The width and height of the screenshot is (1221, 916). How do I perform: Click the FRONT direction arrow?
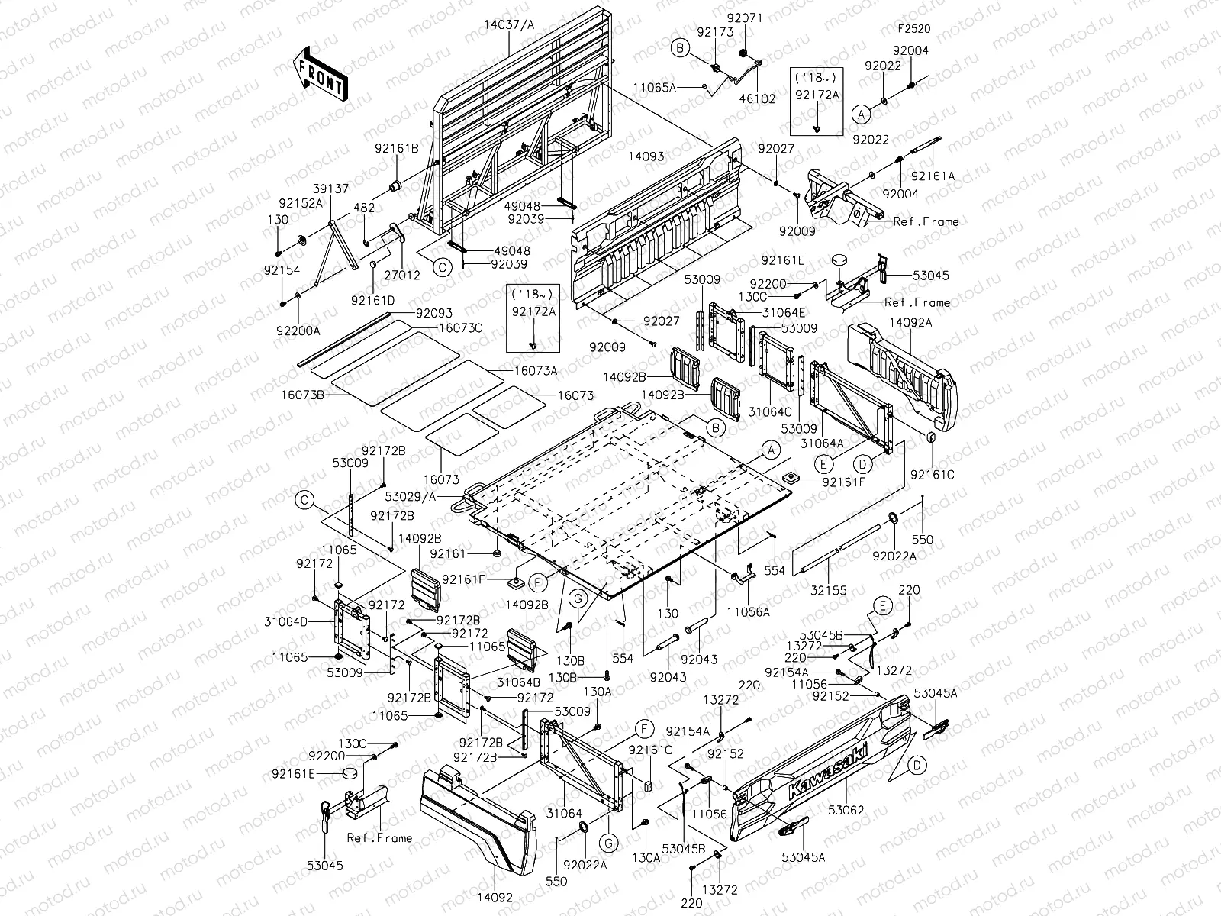pos(320,75)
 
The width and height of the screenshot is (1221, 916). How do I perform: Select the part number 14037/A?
pos(509,24)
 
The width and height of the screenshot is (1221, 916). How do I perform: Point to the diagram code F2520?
pos(914,29)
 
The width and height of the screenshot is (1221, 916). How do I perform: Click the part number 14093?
pos(646,156)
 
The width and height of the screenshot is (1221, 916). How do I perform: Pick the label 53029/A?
pos(411,497)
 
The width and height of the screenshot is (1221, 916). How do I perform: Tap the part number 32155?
pos(828,591)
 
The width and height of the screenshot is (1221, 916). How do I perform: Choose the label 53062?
pos(846,811)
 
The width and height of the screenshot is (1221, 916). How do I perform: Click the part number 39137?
pos(331,189)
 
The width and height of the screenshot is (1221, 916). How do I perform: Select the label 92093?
pos(434,313)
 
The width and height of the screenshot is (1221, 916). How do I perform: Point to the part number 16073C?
pos(461,328)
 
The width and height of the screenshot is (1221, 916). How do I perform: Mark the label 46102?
pos(757,98)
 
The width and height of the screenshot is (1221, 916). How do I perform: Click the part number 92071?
pos(745,18)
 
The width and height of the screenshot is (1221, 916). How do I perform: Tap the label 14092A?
pos(910,323)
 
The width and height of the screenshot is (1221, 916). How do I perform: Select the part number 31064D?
pos(286,622)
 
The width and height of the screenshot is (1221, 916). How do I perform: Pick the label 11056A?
pos(748,612)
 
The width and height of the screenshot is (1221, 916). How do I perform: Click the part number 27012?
pos(402,276)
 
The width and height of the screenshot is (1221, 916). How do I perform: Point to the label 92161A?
pos(933,176)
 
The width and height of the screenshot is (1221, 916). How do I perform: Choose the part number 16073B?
pos(303,395)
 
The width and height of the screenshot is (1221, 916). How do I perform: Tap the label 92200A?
pos(298,331)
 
